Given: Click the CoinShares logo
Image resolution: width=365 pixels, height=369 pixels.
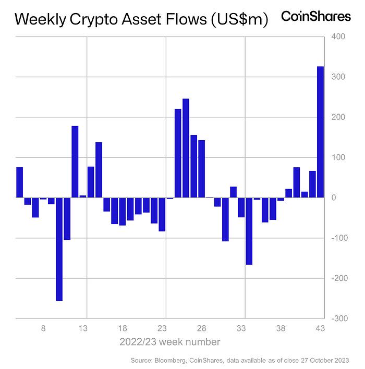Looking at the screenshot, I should tap(316, 17).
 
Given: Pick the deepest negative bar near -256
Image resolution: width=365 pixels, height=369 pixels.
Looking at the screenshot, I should tap(59, 249).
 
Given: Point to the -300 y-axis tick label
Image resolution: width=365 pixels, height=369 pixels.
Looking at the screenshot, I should tap(337, 318).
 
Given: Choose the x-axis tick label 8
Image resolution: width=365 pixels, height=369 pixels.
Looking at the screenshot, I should tap(43, 329).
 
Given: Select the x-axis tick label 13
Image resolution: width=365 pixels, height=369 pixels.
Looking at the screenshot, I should tap(82, 329).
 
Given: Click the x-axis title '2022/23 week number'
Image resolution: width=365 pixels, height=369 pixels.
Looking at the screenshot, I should tap(169, 342).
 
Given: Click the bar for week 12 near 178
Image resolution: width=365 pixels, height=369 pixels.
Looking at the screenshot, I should tap(75, 162).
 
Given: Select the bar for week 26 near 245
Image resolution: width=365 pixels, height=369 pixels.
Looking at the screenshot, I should tap(186, 148).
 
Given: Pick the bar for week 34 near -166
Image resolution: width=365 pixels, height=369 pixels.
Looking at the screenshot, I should tap(249, 231).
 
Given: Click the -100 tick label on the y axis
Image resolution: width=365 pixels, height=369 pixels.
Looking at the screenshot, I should tap(337, 238).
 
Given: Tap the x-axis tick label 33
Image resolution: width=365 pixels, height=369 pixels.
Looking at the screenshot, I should tap(241, 329).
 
